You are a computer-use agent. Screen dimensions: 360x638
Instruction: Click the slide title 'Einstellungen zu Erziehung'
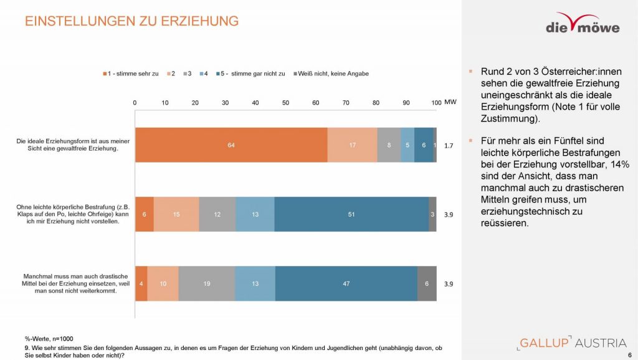[131, 21]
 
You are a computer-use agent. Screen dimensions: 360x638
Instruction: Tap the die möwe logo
[583, 23]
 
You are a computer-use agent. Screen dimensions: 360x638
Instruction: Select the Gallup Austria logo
[571, 343]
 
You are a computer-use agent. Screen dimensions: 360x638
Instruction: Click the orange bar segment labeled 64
[231, 145]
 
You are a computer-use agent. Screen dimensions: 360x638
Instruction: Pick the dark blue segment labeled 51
[351, 214]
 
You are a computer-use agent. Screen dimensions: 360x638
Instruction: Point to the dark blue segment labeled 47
[346, 283]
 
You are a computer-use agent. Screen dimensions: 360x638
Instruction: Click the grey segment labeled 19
[206, 283]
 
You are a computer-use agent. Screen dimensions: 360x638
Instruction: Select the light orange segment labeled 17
[352, 145]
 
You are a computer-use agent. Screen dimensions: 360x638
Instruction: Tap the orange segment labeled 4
[141, 283]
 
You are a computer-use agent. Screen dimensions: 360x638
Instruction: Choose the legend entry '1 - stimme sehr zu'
[131, 73]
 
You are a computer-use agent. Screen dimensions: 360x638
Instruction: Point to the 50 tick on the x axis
[285, 102]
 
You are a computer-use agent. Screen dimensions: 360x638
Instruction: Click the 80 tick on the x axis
[376, 102]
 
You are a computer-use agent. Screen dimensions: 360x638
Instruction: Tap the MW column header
[450, 102]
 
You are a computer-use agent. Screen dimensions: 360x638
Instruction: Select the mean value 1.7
[449, 145]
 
